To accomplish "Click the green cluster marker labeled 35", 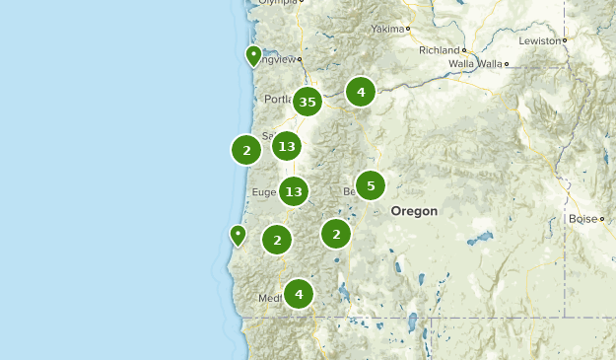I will [x=308, y=102].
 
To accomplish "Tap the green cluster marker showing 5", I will [x=371, y=184].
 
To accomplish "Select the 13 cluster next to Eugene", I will [x=293, y=191].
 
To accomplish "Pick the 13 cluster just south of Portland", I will [x=287, y=147].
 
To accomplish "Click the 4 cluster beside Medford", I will [x=298, y=293].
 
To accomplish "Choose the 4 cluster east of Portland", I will [x=361, y=92].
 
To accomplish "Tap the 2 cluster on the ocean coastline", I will [x=245, y=150].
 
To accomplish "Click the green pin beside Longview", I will [x=253, y=55].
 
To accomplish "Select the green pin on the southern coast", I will [x=238, y=235].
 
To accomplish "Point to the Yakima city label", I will [x=386, y=29].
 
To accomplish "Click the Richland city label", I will [x=439, y=49].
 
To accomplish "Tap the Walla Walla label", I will [x=475, y=64].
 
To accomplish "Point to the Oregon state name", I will [x=414, y=211].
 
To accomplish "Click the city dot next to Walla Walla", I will [x=506, y=64].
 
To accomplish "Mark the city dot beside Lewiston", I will [x=565, y=40].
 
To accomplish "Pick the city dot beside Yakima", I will [x=407, y=29].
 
